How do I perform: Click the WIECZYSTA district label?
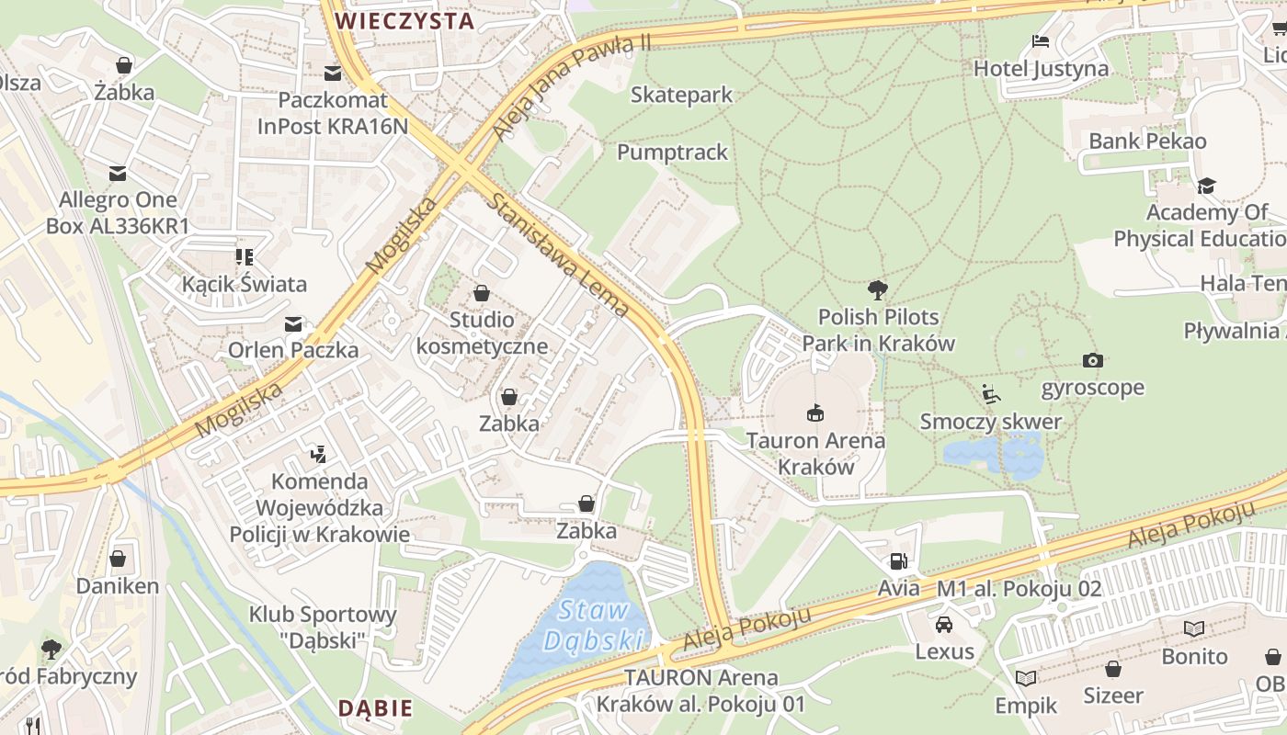click(x=404, y=20)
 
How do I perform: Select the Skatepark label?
click(x=681, y=95)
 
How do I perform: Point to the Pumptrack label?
click(x=672, y=153)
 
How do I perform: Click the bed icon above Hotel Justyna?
click(x=1041, y=41)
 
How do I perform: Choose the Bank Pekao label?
click(x=1147, y=141)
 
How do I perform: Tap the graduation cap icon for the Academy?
click(x=1206, y=186)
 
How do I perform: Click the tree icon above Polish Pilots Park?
click(x=878, y=290)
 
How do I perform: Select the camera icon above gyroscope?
click(x=1092, y=360)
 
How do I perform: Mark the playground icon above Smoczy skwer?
click(x=990, y=394)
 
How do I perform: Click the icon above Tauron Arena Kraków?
click(x=814, y=413)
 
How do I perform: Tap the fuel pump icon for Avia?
click(x=898, y=560)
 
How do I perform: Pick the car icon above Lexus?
click(x=944, y=625)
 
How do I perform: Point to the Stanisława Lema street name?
click(x=560, y=254)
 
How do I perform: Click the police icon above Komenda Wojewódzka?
click(x=318, y=453)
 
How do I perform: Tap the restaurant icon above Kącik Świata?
click(x=244, y=256)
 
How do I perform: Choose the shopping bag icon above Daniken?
click(x=118, y=559)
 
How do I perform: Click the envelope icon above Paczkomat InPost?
click(x=332, y=73)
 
